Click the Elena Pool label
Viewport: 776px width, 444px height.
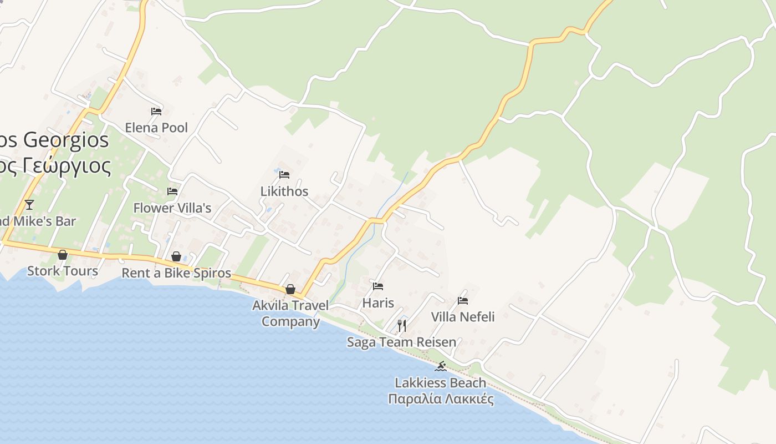coord(156,128)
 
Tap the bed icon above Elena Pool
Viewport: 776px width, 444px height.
coord(156,112)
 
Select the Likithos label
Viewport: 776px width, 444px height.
coord(284,191)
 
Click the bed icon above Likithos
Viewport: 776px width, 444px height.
coord(284,175)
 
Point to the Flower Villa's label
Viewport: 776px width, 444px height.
coord(172,208)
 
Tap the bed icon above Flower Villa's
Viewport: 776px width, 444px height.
coord(172,191)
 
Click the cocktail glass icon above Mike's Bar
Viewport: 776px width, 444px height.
coord(29,205)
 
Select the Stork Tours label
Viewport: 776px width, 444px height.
coord(63,271)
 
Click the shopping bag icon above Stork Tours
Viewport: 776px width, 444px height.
coord(63,255)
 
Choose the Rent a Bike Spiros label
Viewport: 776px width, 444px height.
coord(176,273)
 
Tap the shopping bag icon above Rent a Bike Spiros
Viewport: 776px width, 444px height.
coord(176,256)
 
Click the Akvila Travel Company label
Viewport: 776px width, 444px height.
coord(290,313)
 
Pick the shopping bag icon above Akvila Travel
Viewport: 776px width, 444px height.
coord(290,289)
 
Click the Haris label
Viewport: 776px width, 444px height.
coord(378,303)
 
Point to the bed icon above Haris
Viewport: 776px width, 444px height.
coord(378,286)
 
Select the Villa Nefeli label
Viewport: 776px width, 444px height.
coord(463,317)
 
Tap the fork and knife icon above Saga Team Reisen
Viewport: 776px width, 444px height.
coord(402,325)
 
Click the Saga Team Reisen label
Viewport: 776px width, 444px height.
coord(402,342)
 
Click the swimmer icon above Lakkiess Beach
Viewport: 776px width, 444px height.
coord(441,366)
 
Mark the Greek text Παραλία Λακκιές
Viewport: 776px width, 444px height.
coord(441,399)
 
